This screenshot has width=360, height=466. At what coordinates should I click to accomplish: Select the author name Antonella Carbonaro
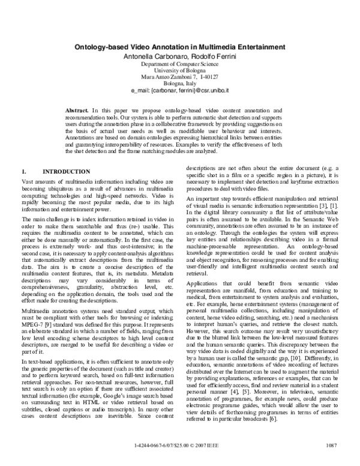[146, 55]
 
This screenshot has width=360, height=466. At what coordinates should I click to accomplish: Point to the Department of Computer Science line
[179, 63]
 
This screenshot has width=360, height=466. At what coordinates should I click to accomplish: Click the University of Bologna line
[179, 70]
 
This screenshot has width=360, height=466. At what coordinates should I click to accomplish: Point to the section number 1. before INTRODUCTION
[23, 172]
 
